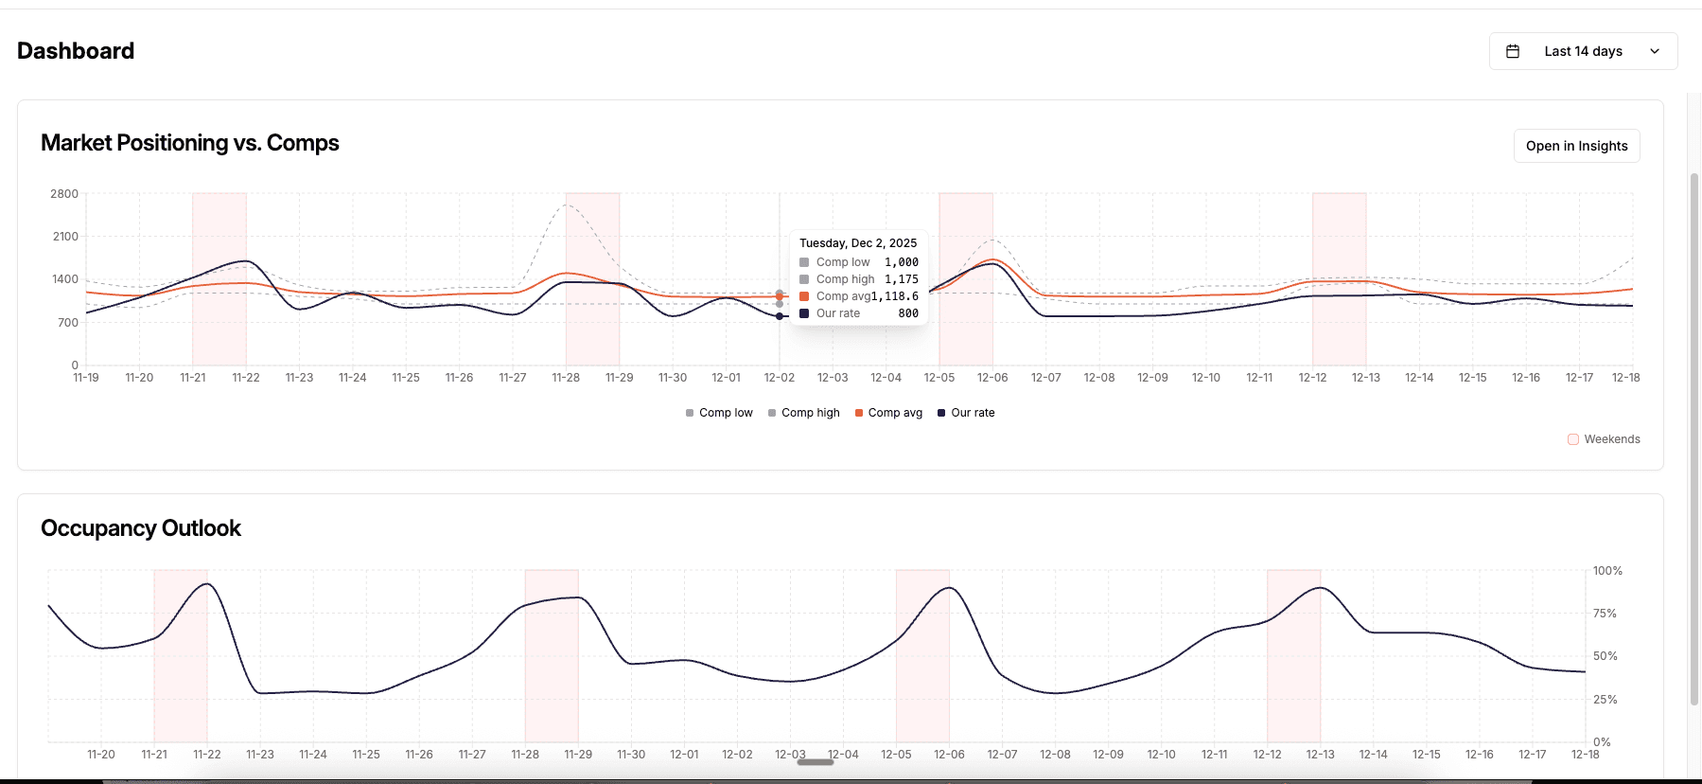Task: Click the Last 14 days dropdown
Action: coord(1583,51)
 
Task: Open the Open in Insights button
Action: coord(1576,146)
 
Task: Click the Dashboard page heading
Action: coord(76,51)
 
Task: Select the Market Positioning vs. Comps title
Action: coord(190,143)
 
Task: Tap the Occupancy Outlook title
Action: coord(141,528)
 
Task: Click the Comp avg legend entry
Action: coord(894,413)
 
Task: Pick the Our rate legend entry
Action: coord(972,413)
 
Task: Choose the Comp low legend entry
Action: coord(725,413)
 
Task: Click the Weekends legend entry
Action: coord(1611,439)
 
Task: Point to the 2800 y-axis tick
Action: coord(64,194)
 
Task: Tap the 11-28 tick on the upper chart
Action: coord(566,378)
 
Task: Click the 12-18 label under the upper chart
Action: coord(1625,378)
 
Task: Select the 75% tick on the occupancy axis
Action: coord(1605,614)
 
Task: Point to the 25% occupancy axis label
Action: coord(1605,700)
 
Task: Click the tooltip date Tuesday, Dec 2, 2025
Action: coord(858,243)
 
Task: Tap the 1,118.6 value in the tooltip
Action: coord(895,296)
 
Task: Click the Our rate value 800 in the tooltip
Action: coord(908,313)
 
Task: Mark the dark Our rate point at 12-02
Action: coord(780,316)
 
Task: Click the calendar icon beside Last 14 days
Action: coord(1513,51)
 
